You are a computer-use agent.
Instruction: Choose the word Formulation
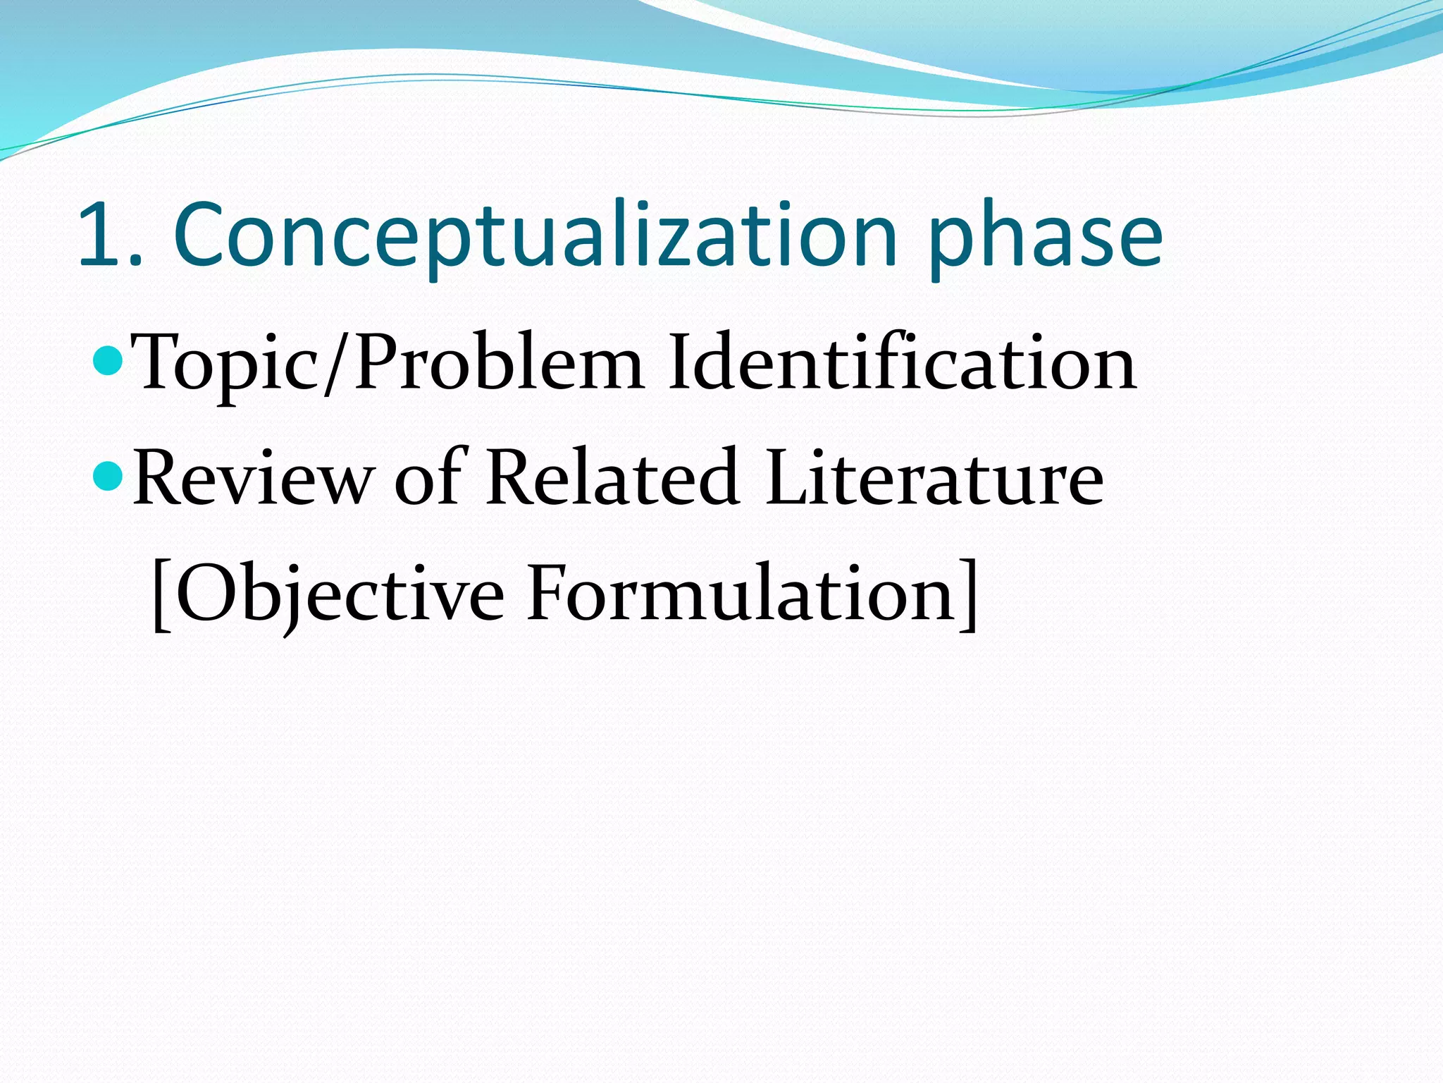[x=740, y=594]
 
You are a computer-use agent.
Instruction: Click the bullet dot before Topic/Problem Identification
[x=108, y=362]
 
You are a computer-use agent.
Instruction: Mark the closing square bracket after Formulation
[x=968, y=596]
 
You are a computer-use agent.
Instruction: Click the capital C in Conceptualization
[x=204, y=235]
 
